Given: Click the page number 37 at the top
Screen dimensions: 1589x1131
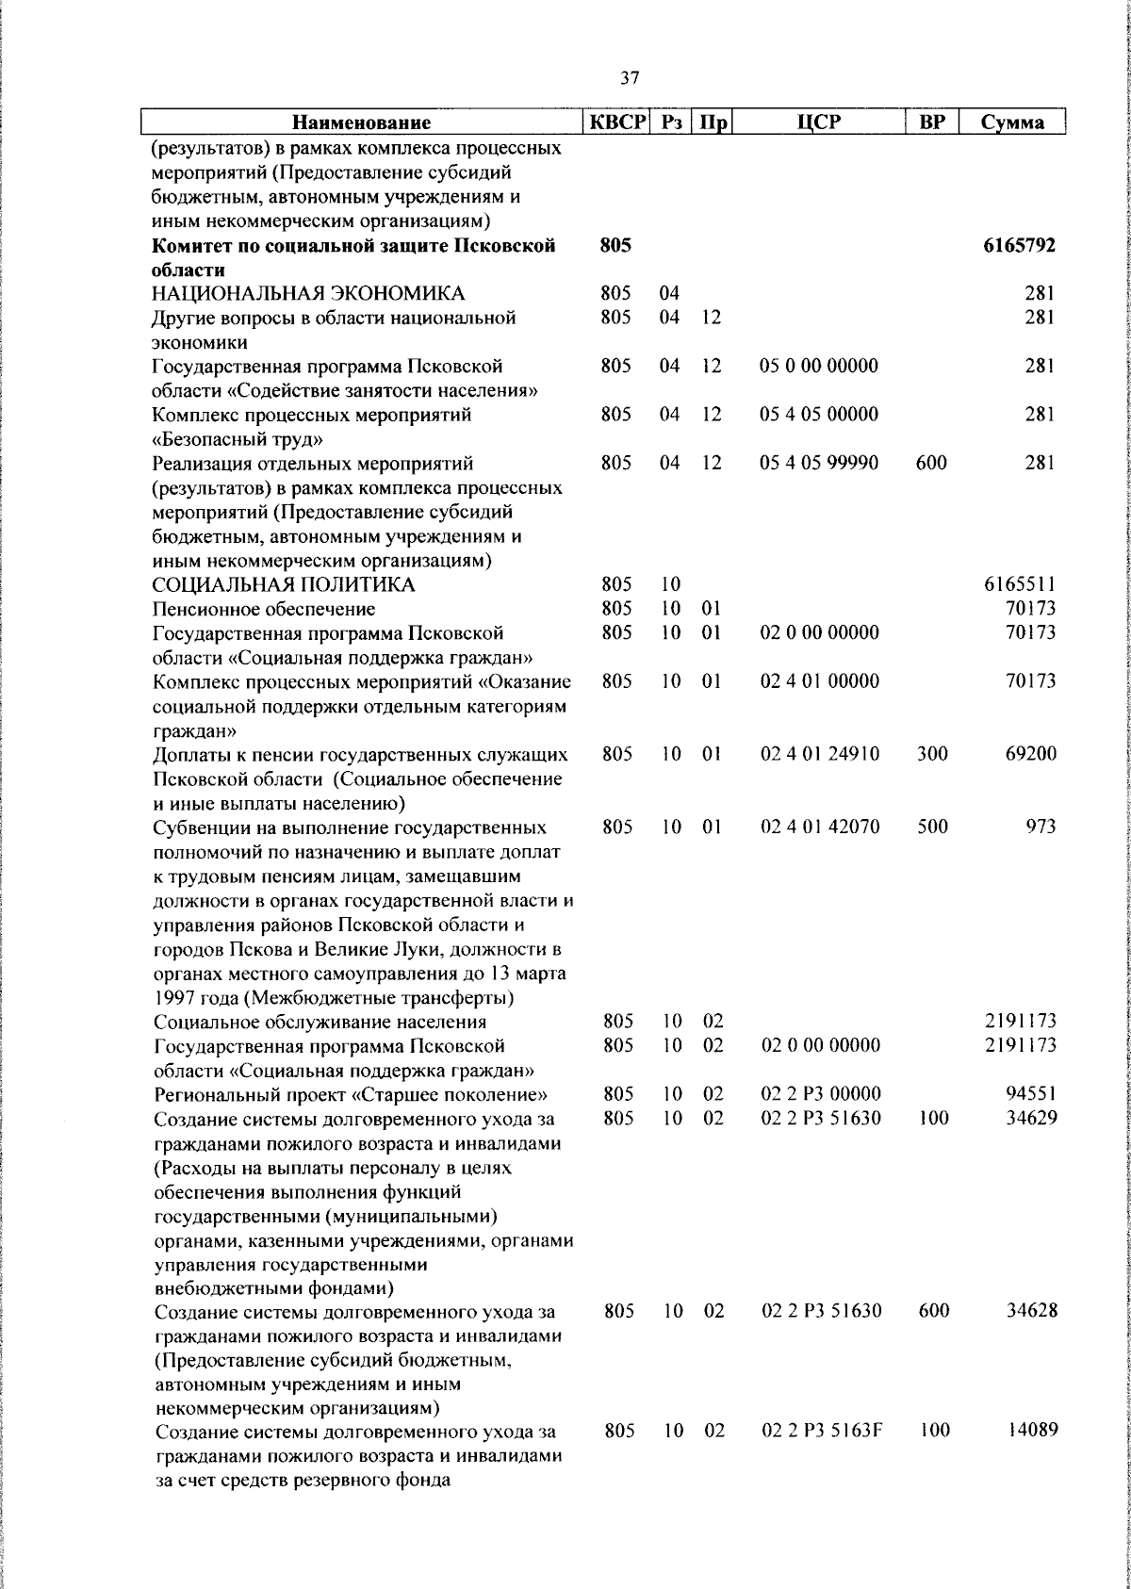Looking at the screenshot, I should tap(631, 78).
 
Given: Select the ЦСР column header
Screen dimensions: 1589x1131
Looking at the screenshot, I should tap(818, 123).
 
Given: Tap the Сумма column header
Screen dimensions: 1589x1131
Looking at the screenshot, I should tap(1011, 123).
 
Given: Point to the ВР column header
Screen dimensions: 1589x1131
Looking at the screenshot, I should tap(931, 123).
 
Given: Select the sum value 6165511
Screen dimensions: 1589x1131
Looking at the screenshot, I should tap(1020, 585).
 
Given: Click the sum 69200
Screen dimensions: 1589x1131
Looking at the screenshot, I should tap(1030, 754).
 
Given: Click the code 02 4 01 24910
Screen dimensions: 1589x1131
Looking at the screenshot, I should tap(819, 754).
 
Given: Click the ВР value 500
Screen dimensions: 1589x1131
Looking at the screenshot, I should tap(932, 827).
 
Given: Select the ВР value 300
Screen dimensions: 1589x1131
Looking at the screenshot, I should tap(932, 754).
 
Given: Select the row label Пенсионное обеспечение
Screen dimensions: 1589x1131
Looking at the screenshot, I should tap(264, 610).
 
